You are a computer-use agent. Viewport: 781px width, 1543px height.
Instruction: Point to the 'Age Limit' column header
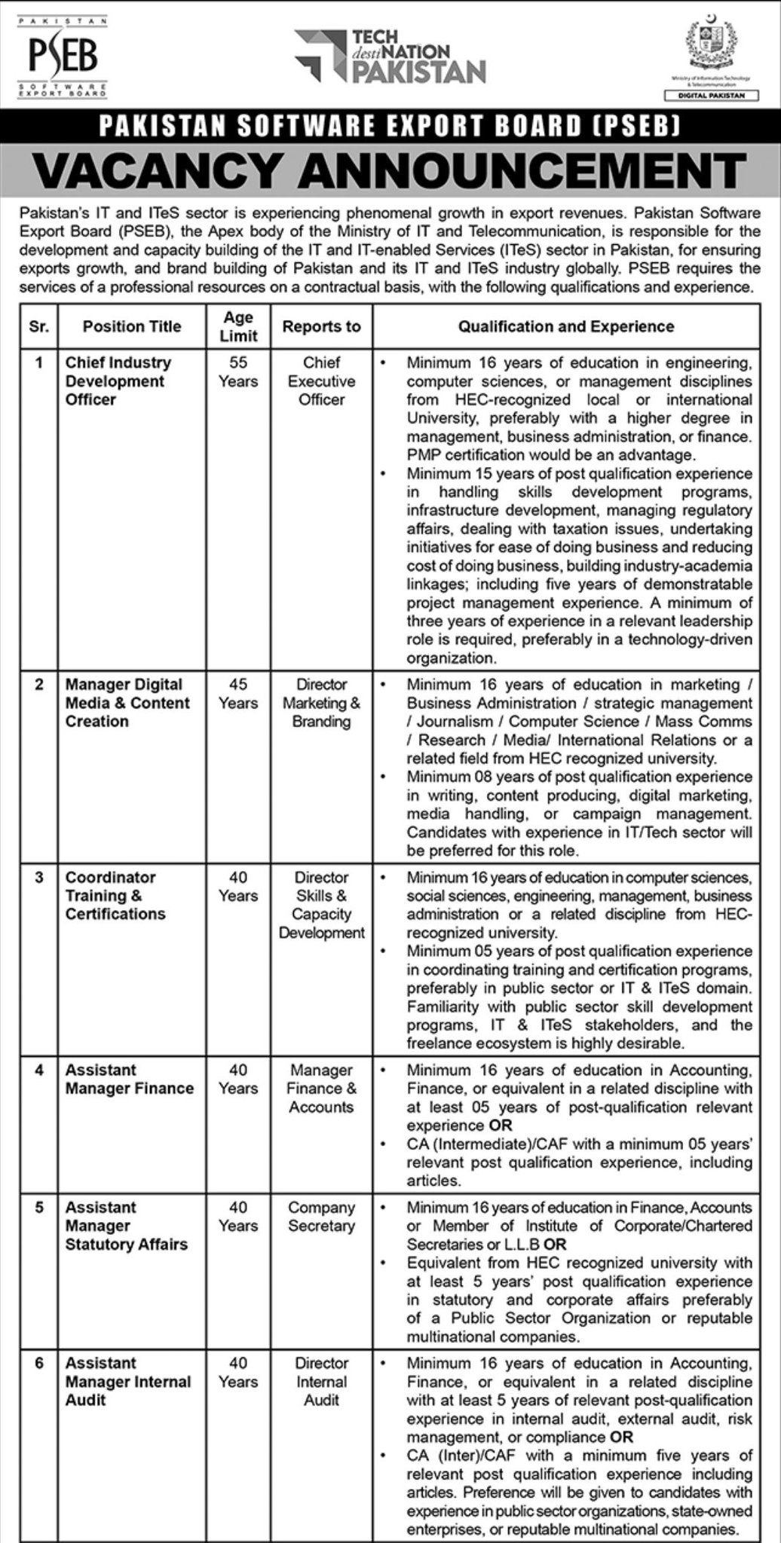238,326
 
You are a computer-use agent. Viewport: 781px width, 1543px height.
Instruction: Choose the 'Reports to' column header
321,326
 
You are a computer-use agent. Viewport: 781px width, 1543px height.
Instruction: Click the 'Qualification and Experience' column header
566,326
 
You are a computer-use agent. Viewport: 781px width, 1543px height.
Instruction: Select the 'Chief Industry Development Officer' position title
118,380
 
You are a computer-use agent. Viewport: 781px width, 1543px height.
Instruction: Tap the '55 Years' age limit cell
238,371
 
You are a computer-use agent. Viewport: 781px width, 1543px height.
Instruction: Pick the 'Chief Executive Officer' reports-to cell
321,380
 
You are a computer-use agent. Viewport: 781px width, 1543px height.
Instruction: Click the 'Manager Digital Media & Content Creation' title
127,702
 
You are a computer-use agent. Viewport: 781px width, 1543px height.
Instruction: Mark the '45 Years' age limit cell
238,693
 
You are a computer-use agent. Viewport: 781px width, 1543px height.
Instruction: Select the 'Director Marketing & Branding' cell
321,702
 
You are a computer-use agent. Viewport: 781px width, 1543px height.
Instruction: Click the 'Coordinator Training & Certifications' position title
115,895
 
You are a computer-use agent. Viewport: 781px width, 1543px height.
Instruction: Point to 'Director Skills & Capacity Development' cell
321,905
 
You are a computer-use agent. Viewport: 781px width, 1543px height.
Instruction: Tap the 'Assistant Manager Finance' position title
129,1079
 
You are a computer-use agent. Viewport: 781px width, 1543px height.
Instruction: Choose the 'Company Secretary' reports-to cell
321,1216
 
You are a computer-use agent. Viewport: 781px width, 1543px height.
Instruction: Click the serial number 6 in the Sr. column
39,1363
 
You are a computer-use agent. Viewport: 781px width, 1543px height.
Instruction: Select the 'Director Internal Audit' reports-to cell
321,1381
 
